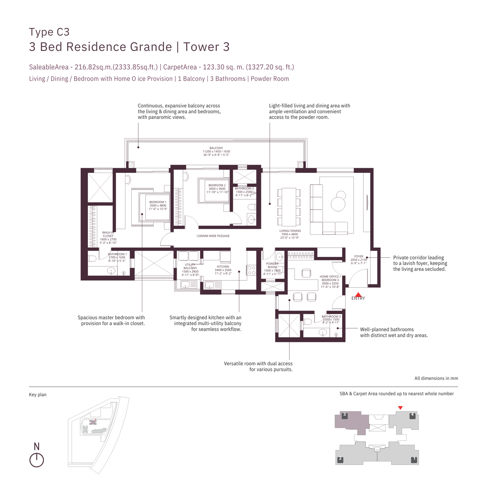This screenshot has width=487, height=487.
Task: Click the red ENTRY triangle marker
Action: pyautogui.click(x=358, y=295)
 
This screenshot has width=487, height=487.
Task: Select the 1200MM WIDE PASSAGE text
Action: pyautogui.click(x=213, y=236)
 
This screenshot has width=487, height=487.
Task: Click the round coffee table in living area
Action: pyautogui.click(x=338, y=204)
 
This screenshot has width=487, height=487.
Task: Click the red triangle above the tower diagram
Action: pyautogui.click(x=400, y=408)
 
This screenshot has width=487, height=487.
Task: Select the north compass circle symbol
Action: pyautogui.click(x=37, y=460)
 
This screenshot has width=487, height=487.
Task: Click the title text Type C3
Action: pyautogui.click(x=49, y=32)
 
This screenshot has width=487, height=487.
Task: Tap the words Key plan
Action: pyautogui.click(x=38, y=395)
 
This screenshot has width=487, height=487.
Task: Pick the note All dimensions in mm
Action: pyautogui.click(x=436, y=378)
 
